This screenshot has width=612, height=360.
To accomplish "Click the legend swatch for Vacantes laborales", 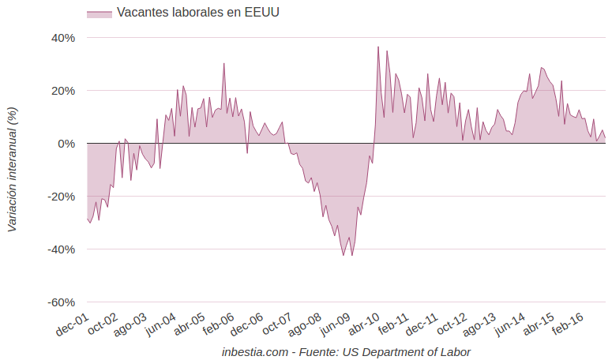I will pyautogui.click(x=99, y=13).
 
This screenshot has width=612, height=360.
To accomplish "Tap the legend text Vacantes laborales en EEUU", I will pyautogui.click(x=198, y=13).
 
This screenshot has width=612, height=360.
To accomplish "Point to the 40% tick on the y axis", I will pyautogui.click(x=64, y=38).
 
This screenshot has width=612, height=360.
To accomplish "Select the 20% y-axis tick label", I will pyautogui.click(x=64, y=91).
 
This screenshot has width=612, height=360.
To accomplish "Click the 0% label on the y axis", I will pyautogui.click(x=67, y=144).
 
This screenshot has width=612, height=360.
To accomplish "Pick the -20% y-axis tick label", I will pyautogui.click(x=62, y=197).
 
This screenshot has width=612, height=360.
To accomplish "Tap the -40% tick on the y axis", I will pyautogui.click(x=62, y=249).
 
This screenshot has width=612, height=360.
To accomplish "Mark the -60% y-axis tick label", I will pyautogui.click(x=62, y=302).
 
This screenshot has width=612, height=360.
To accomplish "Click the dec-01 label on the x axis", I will pyautogui.click(x=72, y=324).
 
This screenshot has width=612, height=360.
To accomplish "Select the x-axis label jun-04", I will pyautogui.click(x=160, y=324).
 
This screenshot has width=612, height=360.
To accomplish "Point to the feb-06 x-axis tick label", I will pyautogui.click(x=219, y=324).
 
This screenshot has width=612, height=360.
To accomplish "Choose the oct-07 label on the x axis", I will pyautogui.click(x=277, y=324).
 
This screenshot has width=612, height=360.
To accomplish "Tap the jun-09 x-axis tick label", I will pyautogui.click(x=336, y=324).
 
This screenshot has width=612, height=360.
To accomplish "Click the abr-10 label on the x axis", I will pyautogui.click(x=364, y=324).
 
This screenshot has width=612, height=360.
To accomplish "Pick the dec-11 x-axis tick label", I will pyautogui.click(x=422, y=324).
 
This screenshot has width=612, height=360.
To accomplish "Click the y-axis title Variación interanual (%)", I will pyautogui.click(x=12, y=169).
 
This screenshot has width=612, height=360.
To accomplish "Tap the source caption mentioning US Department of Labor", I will pyautogui.click(x=347, y=352).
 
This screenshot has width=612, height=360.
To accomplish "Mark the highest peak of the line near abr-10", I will pyautogui.click(x=378, y=47).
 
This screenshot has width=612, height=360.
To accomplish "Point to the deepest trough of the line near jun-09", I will pyautogui.click(x=344, y=255).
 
